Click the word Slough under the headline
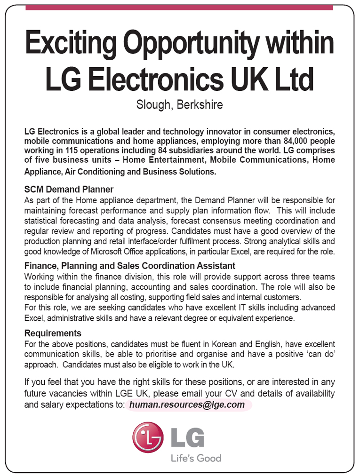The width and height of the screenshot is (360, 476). tap(153, 104)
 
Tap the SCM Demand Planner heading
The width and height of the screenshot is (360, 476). tap(69, 190)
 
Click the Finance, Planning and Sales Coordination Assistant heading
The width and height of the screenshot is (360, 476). tap(129, 266)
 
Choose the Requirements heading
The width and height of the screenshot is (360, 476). tap(53, 333)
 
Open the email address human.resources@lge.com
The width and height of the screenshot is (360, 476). tap(187, 405)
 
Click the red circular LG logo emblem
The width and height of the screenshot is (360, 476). tap(148, 437)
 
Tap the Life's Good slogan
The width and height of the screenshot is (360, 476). tap(195, 458)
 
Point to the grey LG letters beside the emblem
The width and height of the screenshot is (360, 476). tap(187, 437)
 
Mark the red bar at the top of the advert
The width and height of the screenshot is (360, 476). tap(179, 8)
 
